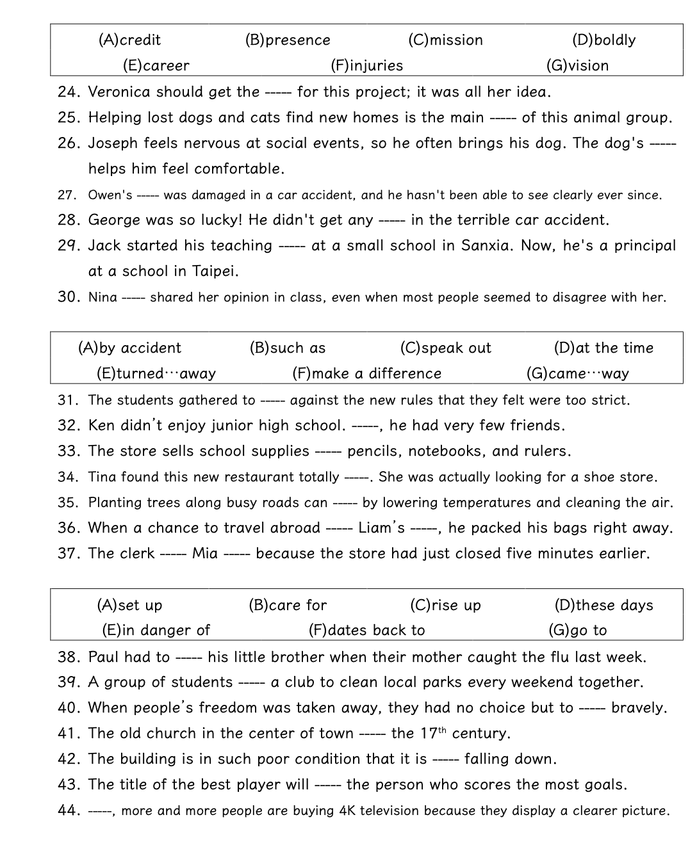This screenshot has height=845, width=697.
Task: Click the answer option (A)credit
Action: (129, 40)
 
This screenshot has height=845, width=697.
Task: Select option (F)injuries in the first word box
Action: (366, 66)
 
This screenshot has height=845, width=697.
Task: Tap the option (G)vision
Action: (577, 66)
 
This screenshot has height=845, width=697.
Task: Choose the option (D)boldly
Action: (603, 40)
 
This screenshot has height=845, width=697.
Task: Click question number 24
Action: (68, 92)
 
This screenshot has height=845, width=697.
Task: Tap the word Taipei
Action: (215, 271)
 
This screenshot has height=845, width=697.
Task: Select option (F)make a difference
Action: (366, 374)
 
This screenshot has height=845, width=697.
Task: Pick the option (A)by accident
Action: (129, 348)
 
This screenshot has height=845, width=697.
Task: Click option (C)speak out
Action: (445, 348)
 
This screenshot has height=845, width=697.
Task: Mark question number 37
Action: (68, 554)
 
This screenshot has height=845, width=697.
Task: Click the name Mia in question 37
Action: (205, 554)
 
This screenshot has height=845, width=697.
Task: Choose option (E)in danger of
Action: (156, 631)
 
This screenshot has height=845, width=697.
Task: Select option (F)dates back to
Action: (366, 631)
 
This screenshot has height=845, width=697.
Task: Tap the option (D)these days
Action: (603, 606)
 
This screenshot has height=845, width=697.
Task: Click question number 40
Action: (68, 708)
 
